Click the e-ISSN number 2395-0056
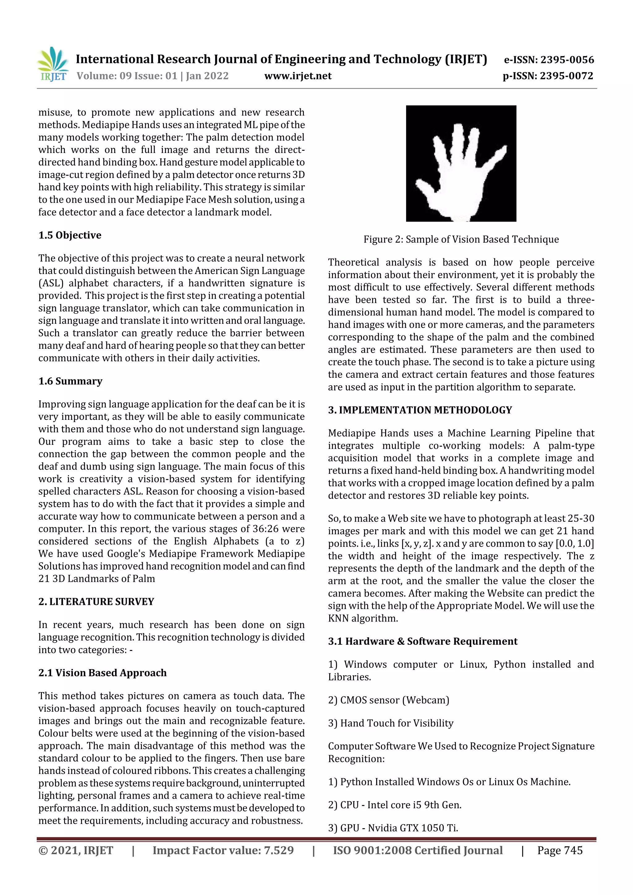click(x=567, y=60)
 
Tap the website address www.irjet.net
click(x=298, y=76)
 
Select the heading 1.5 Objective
click(x=70, y=235)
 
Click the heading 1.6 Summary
click(x=70, y=381)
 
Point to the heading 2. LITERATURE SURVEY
click(x=96, y=602)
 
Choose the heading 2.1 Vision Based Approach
click(x=102, y=673)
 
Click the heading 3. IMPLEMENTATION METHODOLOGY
click(x=420, y=410)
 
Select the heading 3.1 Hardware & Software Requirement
click(x=423, y=641)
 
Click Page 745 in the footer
click(x=559, y=850)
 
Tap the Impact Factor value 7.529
click(x=278, y=850)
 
